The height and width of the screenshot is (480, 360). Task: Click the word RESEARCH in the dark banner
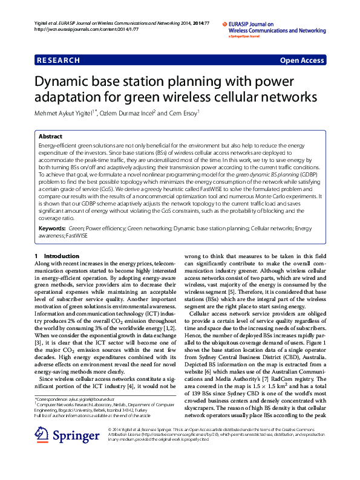tap(59, 60)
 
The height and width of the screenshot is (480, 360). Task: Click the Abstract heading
tap(50, 137)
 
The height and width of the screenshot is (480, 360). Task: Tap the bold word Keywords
tap(51, 229)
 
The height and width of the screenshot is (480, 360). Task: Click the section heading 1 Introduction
tap(54, 256)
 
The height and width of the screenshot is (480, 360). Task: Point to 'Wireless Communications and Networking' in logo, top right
tap(277, 30)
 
